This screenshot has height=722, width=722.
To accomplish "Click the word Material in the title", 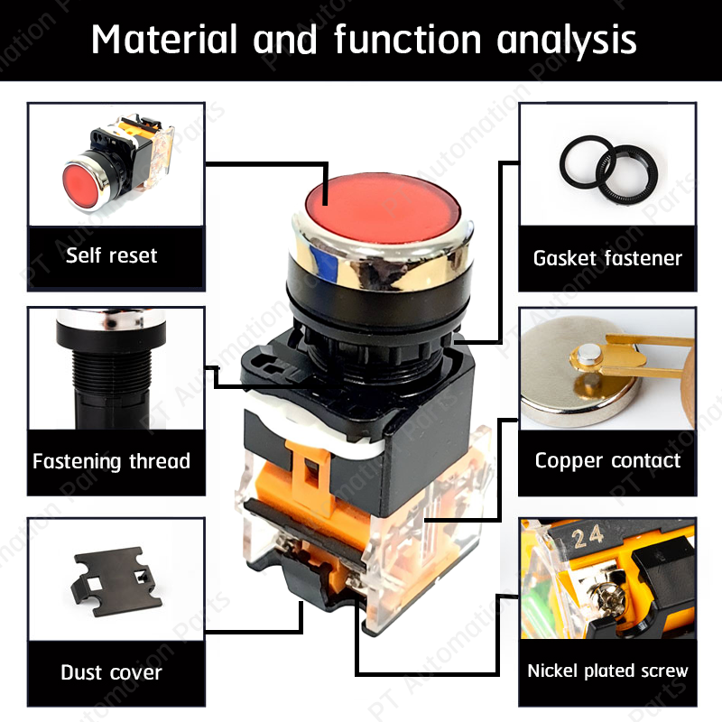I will pyautogui.click(x=164, y=40).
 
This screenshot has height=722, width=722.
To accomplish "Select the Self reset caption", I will pyautogui.click(x=111, y=255).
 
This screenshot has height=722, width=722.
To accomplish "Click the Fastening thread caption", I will pyautogui.click(x=111, y=461).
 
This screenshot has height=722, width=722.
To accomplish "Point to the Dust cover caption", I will pyautogui.click(x=111, y=672).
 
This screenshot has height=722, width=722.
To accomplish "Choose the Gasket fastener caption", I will pyautogui.click(x=607, y=258).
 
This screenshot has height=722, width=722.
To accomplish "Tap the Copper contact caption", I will pyautogui.click(x=607, y=460).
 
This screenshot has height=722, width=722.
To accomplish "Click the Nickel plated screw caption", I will pyautogui.click(x=607, y=671).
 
